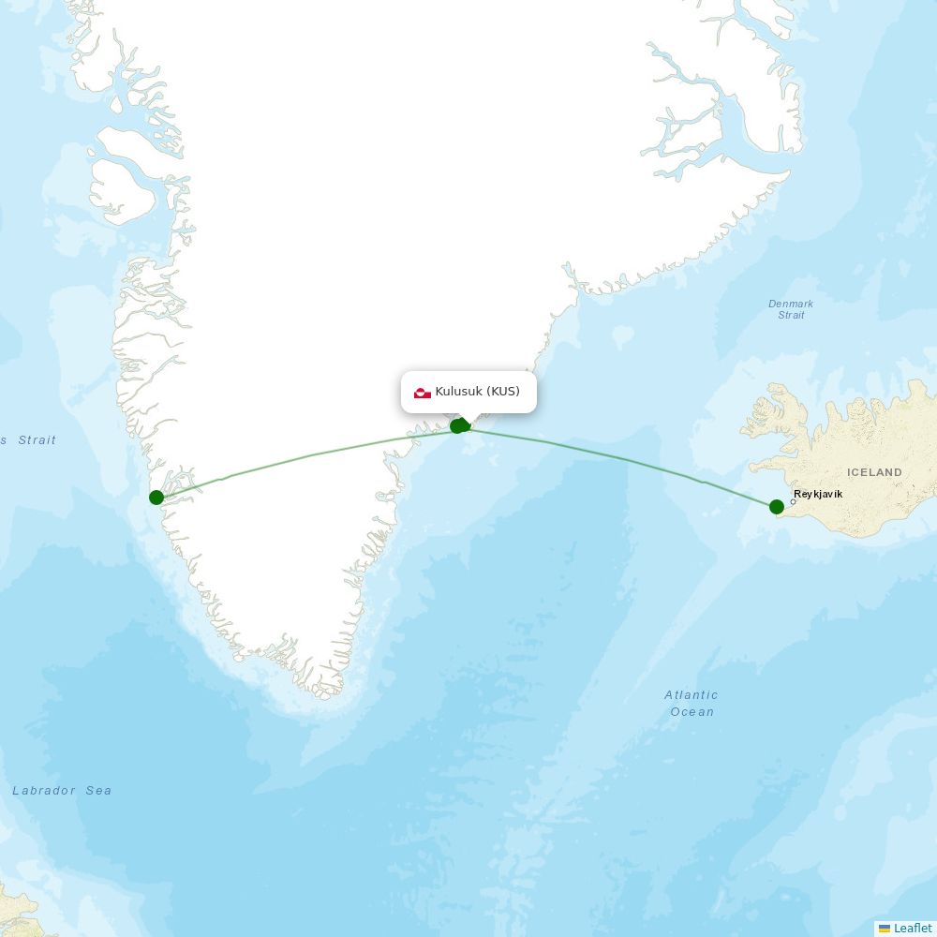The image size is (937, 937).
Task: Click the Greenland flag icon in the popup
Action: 423,392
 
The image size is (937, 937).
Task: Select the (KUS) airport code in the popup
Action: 503,391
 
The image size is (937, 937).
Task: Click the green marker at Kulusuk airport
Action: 458,425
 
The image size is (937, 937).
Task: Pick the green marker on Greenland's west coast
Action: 156,497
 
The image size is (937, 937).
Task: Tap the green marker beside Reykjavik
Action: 777,507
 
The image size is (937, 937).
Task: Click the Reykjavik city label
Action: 818,494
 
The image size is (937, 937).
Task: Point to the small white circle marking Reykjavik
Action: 794,501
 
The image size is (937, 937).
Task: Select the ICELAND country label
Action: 874,472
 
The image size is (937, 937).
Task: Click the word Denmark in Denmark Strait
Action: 791,304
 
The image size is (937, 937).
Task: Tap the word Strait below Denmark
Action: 791,315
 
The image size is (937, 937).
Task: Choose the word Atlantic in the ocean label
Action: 692,695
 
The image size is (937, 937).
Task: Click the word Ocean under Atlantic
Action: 692,712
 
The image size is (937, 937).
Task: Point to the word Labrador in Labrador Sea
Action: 44,791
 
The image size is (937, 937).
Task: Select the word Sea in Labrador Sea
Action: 98,791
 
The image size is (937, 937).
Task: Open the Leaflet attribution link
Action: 913,928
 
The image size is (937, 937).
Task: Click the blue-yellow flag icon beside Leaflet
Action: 885,928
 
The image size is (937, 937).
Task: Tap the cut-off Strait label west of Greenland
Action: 36,440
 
